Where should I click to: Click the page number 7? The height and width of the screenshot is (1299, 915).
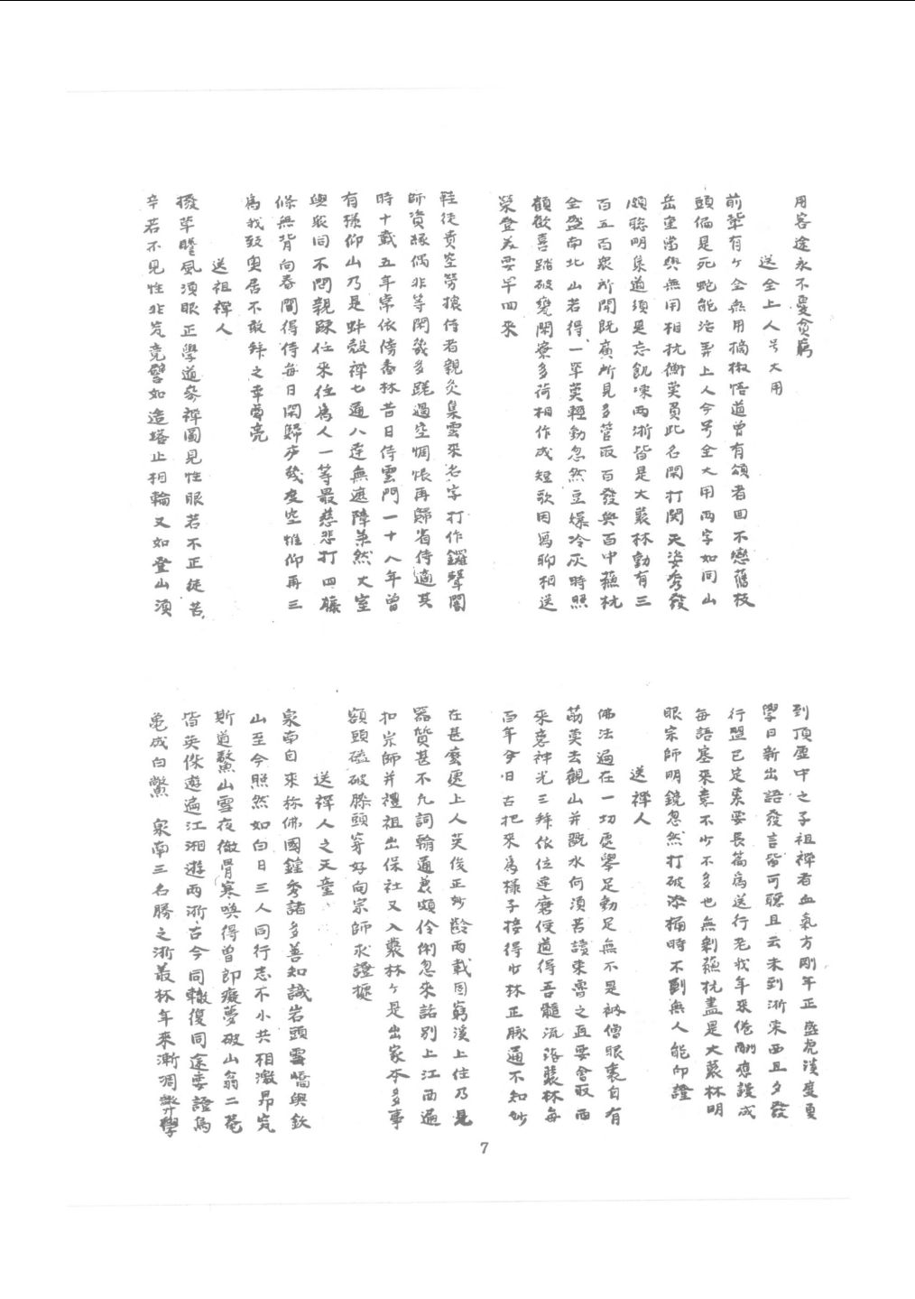click(x=485, y=1148)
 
